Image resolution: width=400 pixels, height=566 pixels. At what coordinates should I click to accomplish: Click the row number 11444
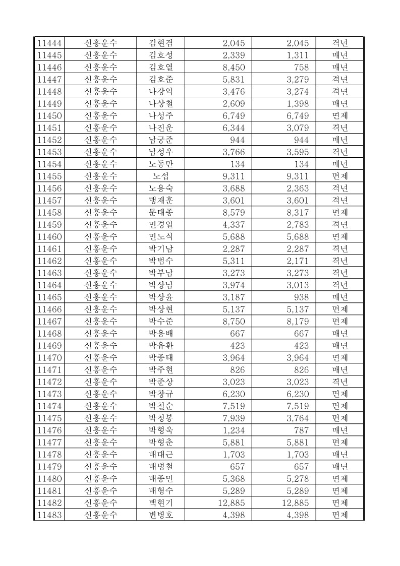point(49,43)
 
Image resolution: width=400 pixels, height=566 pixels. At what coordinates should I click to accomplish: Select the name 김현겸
point(160,43)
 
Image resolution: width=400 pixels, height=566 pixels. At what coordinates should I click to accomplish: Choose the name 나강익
point(160,91)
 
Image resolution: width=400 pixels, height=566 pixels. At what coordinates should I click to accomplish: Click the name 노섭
point(160,176)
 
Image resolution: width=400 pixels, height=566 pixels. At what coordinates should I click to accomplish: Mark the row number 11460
point(49,236)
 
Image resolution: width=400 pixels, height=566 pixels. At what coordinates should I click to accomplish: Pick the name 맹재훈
point(160,200)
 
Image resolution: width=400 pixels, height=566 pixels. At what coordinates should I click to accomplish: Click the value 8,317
point(298,212)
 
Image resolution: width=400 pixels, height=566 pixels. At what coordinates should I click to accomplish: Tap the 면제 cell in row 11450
point(339,115)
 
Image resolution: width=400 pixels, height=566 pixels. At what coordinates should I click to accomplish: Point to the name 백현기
point(160,502)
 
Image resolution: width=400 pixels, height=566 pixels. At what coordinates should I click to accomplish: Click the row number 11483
point(49,515)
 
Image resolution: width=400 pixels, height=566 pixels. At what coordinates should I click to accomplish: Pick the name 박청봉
point(160,418)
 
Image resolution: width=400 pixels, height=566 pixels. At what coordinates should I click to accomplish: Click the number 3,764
point(298,418)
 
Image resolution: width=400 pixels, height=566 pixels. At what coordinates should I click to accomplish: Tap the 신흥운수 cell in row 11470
point(100,357)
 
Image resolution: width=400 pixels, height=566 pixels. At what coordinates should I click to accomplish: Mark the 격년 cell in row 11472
point(339,382)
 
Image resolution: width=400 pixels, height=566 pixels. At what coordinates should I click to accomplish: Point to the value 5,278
point(298,478)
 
